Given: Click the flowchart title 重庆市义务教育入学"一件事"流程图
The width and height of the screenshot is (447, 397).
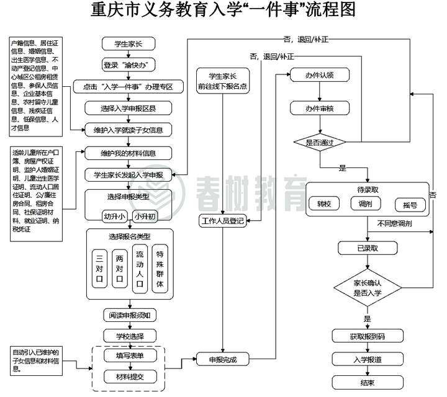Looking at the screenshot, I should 223,12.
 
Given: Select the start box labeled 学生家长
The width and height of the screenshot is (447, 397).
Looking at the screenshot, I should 129,44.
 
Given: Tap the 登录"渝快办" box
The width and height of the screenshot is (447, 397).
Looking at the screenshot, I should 129,65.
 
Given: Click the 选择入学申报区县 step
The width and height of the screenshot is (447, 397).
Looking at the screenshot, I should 129,108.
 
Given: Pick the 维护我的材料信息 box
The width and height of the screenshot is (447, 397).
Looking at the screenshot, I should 129,153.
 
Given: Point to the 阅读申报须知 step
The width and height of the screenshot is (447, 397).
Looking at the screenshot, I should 129,315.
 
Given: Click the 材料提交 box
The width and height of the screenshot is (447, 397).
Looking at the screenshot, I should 129,376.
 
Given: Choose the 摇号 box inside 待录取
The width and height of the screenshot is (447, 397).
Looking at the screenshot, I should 410,204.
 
